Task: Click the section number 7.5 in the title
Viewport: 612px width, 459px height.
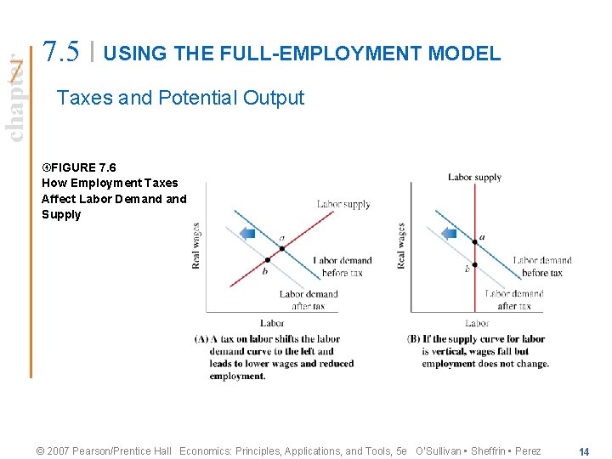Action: tap(63, 52)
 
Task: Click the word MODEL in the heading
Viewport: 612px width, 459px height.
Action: tap(465, 54)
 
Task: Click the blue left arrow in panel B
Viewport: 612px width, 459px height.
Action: tap(449, 232)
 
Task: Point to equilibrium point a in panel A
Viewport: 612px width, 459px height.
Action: tap(282, 247)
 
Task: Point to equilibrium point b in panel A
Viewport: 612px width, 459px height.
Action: tap(268, 260)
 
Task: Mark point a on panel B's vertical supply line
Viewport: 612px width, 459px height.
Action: tap(475, 242)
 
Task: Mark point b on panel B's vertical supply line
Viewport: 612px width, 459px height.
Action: tap(475, 264)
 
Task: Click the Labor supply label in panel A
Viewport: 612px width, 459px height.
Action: tap(343, 204)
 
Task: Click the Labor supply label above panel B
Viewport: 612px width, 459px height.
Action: tap(474, 177)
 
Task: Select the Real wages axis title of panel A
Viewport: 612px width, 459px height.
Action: tap(196, 246)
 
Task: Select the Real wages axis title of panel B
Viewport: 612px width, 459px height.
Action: tap(400, 246)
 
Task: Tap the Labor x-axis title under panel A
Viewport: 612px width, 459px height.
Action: tap(272, 323)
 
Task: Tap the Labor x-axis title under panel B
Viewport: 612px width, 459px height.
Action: tap(477, 323)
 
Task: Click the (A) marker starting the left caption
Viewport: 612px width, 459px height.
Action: tap(201, 338)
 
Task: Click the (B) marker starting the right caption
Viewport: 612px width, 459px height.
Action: tap(415, 338)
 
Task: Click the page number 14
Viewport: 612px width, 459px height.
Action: tap(584, 451)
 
